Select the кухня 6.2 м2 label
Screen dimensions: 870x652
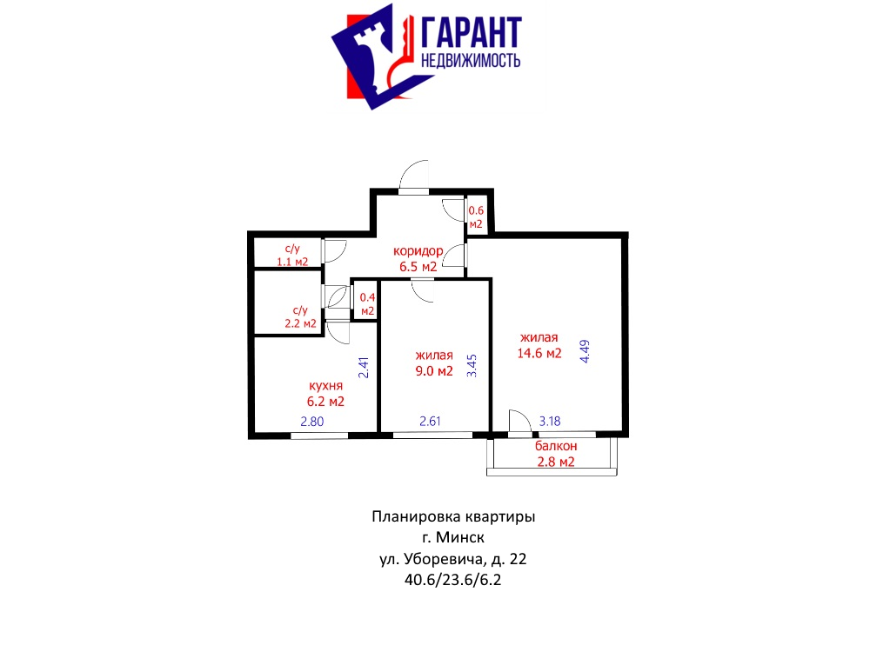pyautogui.click(x=325, y=394)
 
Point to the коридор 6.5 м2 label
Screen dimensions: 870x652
pyautogui.click(x=418, y=258)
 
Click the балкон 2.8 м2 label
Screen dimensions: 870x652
pyautogui.click(x=556, y=454)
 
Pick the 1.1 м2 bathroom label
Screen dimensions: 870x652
pyautogui.click(x=292, y=255)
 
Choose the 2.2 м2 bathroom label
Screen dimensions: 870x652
pyautogui.click(x=300, y=316)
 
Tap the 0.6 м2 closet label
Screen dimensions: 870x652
pyautogui.click(x=476, y=217)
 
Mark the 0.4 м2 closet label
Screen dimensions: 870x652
pyautogui.click(x=367, y=304)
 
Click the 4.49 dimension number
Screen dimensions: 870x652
pyautogui.click(x=585, y=351)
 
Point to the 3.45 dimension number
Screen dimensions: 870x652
pyautogui.click(x=472, y=366)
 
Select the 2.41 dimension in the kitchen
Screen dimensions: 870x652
pyautogui.click(x=364, y=368)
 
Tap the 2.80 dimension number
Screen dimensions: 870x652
pyautogui.click(x=311, y=422)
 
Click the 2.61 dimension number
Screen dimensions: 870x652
pyautogui.click(x=430, y=422)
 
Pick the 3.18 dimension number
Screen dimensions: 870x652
pyautogui.click(x=550, y=422)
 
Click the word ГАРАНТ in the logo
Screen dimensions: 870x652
pyautogui.click(x=472, y=33)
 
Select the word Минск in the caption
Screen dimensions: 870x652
pyautogui.click(x=460, y=537)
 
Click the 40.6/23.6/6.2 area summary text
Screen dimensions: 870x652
pyautogui.click(x=452, y=580)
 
